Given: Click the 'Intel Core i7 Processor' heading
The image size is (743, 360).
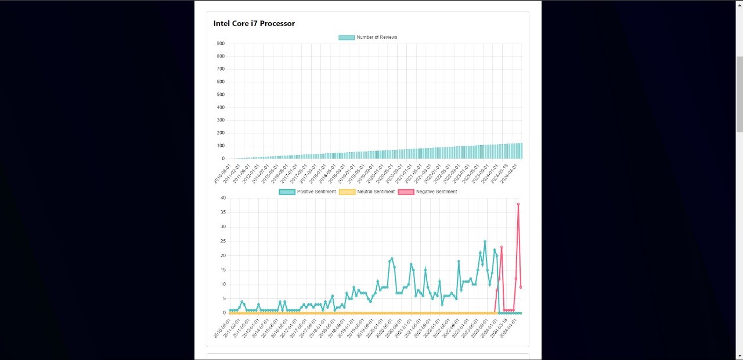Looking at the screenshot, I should click(x=254, y=24).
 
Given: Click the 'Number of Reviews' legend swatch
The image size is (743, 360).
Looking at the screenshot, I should click(x=347, y=37).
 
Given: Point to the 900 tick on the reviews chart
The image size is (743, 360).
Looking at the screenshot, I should click(x=221, y=44).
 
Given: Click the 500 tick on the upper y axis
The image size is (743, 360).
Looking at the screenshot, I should click(x=221, y=95).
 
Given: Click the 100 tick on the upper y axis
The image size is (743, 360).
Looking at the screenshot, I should click(x=221, y=146).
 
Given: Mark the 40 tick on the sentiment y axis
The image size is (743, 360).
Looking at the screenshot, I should click(x=223, y=198).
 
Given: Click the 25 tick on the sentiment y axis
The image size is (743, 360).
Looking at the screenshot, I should click(x=223, y=241).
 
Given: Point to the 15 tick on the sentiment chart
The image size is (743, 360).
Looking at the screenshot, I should click(x=223, y=270).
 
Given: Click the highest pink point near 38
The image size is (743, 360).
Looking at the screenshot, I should click(x=518, y=204).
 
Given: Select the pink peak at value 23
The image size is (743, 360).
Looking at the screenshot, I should click(x=502, y=247).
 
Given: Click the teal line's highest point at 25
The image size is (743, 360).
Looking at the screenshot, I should click(x=485, y=241).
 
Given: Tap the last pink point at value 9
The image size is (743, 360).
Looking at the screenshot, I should click(x=521, y=287).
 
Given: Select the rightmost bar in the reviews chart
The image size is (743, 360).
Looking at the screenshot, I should click(x=521, y=151).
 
